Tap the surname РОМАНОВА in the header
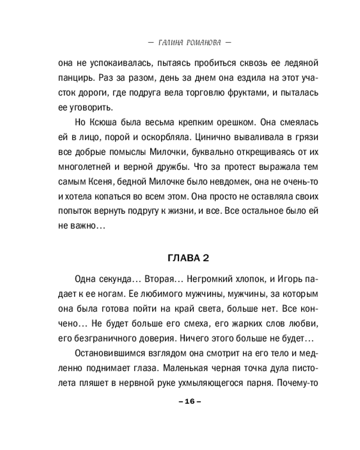pyautogui.click(x=204, y=44)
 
